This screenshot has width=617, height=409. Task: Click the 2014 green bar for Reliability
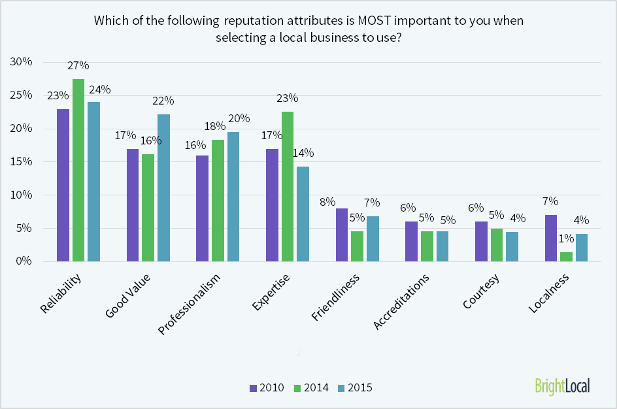coord(78,170)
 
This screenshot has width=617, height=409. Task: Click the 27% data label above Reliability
coord(78,65)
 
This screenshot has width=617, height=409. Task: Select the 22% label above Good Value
coord(163,101)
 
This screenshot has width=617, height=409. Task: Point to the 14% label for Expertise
coord(303,153)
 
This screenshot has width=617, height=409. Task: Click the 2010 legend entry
coord(267,387)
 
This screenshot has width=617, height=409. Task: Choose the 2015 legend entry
coord(355,387)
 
